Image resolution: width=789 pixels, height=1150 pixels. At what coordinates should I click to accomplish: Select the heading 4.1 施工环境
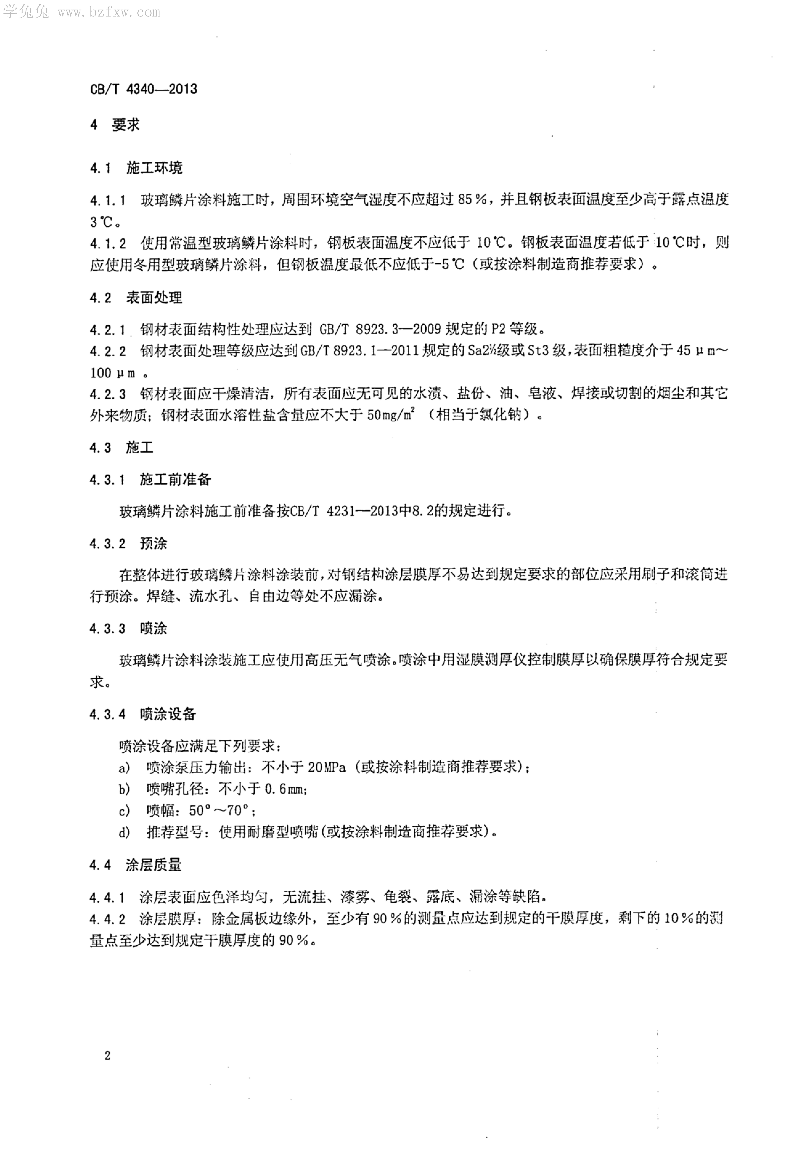coord(136,168)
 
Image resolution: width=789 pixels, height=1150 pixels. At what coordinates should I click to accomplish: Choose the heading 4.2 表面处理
coord(136,298)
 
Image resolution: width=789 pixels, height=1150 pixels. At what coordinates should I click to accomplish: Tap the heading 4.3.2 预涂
coord(129,544)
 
